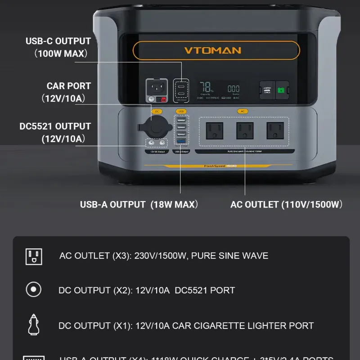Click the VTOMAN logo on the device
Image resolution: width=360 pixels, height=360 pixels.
pos(212,50)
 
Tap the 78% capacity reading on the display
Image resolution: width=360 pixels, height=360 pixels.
pos(207,87)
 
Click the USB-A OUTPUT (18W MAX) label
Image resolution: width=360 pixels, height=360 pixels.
pos(139,205)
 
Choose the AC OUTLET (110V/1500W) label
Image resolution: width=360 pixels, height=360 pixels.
pos(286,205)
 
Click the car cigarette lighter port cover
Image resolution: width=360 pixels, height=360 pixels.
pos(156,127)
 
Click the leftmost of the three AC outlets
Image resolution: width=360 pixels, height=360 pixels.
pos(215,131)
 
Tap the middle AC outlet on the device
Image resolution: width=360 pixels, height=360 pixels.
pos(245,131)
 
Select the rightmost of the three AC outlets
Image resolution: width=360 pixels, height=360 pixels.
pos(275,131)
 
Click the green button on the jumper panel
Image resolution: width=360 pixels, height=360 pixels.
pos(281,89)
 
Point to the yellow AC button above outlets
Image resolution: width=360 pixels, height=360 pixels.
pos(243,111)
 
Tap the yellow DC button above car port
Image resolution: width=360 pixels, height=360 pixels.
pos(157,111)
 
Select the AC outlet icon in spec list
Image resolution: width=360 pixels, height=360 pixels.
pos(34,256)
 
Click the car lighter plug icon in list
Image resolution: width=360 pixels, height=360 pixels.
pos(34,325)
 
